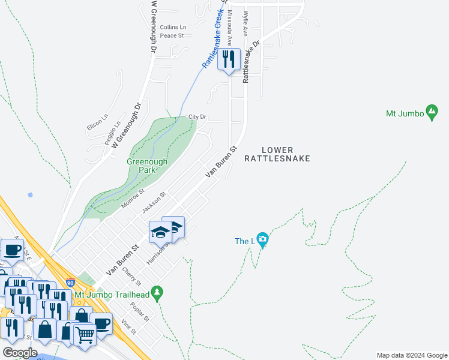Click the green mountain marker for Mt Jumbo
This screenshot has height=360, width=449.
point(431,112)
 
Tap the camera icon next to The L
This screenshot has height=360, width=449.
point(262,241)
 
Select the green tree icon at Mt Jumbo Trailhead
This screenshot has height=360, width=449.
point(157,293)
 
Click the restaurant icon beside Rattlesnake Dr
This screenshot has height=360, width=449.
point(228,59)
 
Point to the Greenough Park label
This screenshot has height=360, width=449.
point(146,166)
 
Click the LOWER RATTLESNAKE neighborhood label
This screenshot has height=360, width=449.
point(277,154)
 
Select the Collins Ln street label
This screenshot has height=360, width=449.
point(173,27)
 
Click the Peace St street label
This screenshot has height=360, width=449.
point(172,35)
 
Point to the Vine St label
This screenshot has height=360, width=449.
point(129,328)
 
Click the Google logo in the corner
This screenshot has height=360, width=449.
point(20,353)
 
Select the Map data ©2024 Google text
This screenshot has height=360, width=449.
point(411,355)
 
